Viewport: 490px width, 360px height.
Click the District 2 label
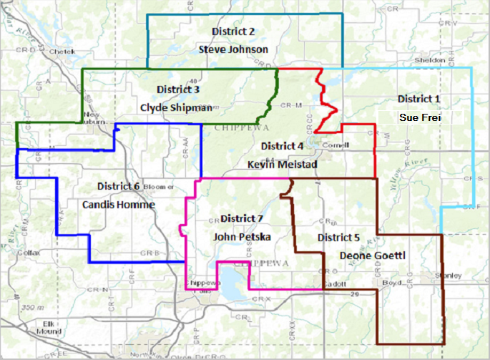pos(233,31)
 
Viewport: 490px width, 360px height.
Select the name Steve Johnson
pos(233,49)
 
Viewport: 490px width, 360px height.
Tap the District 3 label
pos(177,90)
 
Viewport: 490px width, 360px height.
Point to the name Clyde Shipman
pos(176,108)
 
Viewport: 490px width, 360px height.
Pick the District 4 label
pos(282,146)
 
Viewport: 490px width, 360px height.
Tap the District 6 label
pos(116,186)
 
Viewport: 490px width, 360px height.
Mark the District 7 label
pos(242,218)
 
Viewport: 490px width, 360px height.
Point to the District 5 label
pos(339,237)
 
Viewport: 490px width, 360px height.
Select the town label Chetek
pos(63,52)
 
